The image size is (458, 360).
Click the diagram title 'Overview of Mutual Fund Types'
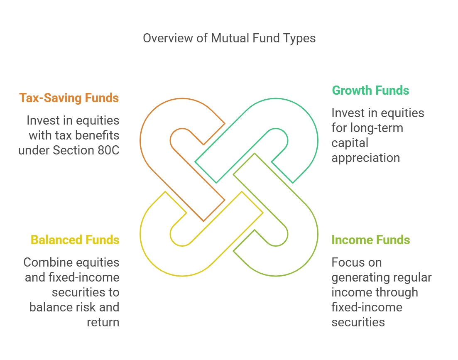tap(229, 38)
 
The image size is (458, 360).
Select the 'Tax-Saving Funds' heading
tap(69, 98)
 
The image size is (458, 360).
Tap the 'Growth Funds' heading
tap(370, 91)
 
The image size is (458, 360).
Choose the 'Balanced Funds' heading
tap(75, 240)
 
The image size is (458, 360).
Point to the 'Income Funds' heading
tap(371, 240)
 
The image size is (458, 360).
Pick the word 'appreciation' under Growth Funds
tap(366, 158)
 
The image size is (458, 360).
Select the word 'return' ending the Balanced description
tap(103, 322)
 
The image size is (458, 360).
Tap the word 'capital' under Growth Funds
tap(350, 143)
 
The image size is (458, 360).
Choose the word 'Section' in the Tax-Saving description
tap(74, 150)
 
